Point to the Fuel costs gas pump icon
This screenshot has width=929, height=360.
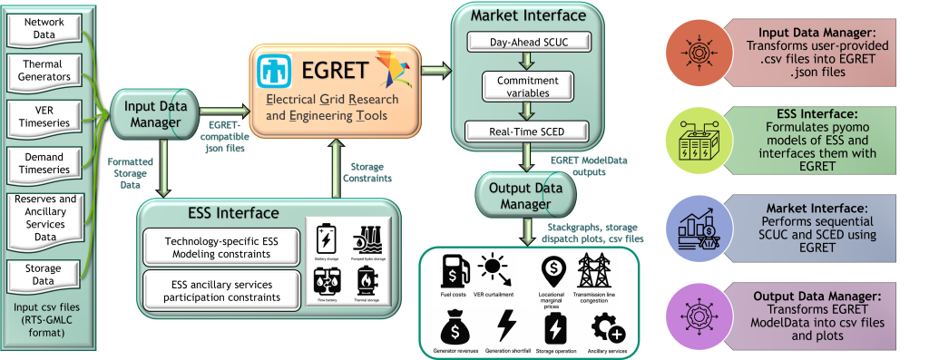(454, 269)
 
